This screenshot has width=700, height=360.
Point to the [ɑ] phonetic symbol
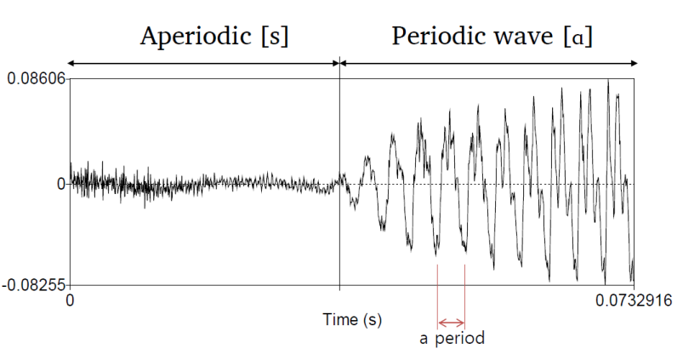[x=582, y=37]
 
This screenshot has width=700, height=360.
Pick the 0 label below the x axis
[x=71, y=300]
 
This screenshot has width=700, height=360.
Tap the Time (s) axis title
[x=352, y=319]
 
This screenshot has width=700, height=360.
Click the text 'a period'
[x=452, y=339]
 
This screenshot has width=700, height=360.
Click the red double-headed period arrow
[x=451, y=323]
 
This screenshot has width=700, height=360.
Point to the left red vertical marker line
[x=437, y=289]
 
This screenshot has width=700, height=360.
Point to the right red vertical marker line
[x=465, y=289]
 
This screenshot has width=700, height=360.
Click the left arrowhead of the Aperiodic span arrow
[x=70, y=63]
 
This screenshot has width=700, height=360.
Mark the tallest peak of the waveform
[x=608, y=82]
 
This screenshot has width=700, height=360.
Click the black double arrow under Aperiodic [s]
[x=204, y=63]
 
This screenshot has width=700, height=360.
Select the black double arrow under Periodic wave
[x=489, y=63]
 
